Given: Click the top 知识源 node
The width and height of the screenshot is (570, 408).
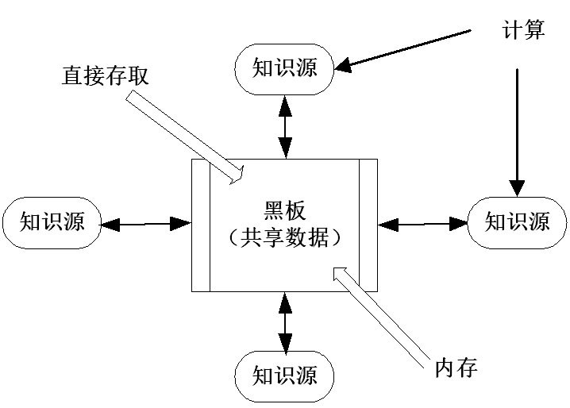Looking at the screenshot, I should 284,68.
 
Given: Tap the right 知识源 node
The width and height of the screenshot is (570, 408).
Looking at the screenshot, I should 517,220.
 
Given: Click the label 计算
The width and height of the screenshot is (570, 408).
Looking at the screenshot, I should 522,30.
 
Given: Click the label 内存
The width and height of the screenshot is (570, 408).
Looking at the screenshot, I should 456,369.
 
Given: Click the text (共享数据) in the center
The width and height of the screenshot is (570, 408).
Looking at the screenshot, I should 283,237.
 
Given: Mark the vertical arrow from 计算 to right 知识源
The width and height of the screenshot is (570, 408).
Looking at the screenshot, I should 517,131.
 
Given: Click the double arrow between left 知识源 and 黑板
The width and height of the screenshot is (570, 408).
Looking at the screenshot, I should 148,224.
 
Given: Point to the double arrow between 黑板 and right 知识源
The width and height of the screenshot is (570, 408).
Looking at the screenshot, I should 422,224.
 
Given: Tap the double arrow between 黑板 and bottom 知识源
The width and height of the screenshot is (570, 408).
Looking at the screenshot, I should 284,321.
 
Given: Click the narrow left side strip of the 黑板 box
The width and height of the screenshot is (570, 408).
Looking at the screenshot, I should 201,225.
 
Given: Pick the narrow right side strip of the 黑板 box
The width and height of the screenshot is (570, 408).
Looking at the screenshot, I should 368,225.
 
